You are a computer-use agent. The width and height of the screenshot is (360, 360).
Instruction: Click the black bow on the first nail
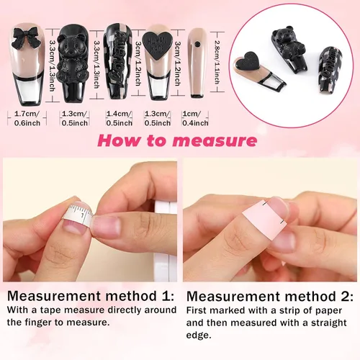26,38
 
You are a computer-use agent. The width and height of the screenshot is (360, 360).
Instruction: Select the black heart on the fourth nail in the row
157,45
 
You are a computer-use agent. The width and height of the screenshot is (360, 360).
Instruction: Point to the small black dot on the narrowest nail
197,44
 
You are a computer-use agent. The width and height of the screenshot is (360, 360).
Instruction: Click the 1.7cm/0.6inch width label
27,118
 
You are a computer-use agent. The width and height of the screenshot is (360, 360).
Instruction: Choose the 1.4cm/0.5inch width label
119,118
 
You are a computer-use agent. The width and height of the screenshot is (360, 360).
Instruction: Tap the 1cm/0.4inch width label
195,118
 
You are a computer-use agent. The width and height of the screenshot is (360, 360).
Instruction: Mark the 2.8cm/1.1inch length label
217,62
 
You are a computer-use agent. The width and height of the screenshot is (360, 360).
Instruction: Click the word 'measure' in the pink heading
215,141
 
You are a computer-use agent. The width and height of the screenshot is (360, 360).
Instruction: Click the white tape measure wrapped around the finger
78,215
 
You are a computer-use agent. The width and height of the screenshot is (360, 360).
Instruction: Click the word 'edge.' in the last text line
199,335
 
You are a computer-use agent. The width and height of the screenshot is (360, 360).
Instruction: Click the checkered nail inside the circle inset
330,70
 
